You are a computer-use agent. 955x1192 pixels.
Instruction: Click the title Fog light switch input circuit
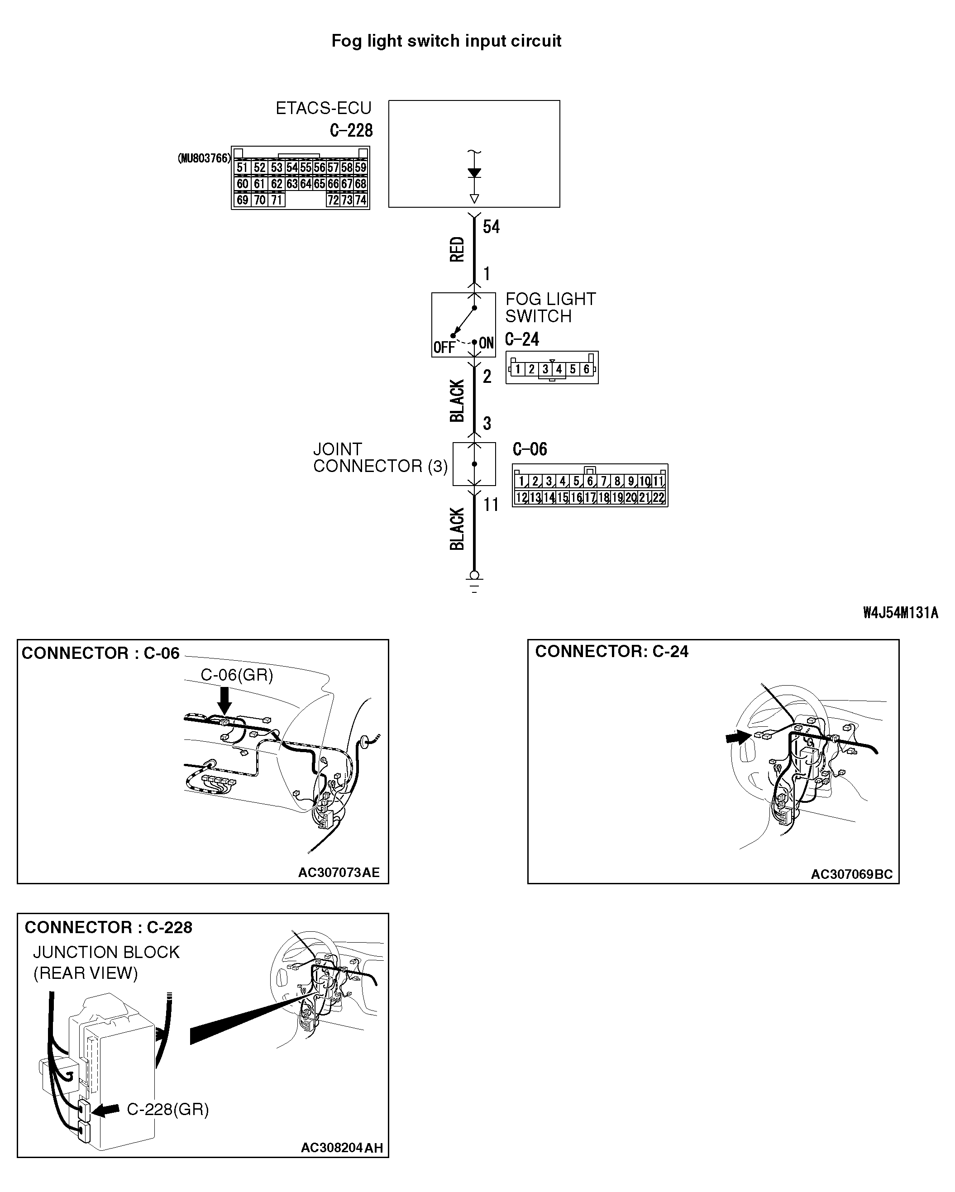[x=446, y=41]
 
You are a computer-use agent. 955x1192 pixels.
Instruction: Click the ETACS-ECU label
[x=324, y=108]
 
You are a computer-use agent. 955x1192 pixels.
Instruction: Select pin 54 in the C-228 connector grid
[x=292, y=167]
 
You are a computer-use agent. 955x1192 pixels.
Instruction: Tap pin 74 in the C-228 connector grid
[x=361, y=200]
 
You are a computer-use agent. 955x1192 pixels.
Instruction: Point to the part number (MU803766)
[x=204, y=159]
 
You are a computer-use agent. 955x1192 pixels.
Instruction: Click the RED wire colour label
[x=457, y=249]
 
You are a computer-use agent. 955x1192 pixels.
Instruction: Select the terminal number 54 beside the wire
[x=491, y=227]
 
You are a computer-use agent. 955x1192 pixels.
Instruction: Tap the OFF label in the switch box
[x=444, y=347]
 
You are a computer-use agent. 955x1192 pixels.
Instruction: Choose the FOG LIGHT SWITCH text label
[x=550, y=307]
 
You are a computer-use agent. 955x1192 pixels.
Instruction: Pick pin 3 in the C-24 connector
[x=545, y=369]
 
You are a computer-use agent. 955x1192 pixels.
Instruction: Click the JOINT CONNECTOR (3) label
[x=380, y=458]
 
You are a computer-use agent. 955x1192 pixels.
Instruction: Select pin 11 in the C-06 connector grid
[x=658, y=482]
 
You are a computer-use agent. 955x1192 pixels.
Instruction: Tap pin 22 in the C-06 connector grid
[x=658, y=498]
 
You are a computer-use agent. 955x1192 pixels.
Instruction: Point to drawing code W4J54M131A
[x=900, y=613]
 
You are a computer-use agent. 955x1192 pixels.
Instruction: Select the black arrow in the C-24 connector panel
[x=738, y=737]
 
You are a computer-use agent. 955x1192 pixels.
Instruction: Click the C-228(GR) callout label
[x=167, y=1109]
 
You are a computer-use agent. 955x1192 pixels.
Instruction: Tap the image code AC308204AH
[x=342, y=1148]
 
